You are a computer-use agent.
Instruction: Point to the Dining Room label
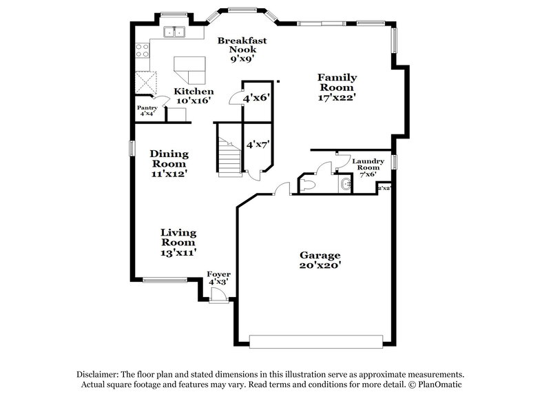(x=169, y=163)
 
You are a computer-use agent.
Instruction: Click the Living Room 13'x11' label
(x=178, y=242)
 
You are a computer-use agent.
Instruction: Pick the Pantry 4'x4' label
(x=147, y=110)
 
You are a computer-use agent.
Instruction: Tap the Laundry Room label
(x=368, y=167)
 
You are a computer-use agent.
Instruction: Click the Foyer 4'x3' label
(x=219, y=278)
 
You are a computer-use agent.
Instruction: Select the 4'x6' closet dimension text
(x=255, y=99)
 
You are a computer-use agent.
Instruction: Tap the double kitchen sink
(x=174, y=32)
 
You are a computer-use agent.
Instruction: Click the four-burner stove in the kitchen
(x=143, y=50)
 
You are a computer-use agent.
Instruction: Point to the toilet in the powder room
(x=307, y=185)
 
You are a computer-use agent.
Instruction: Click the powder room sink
(x=344, y=185)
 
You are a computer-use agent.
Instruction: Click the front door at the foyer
(x=219, y=295)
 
